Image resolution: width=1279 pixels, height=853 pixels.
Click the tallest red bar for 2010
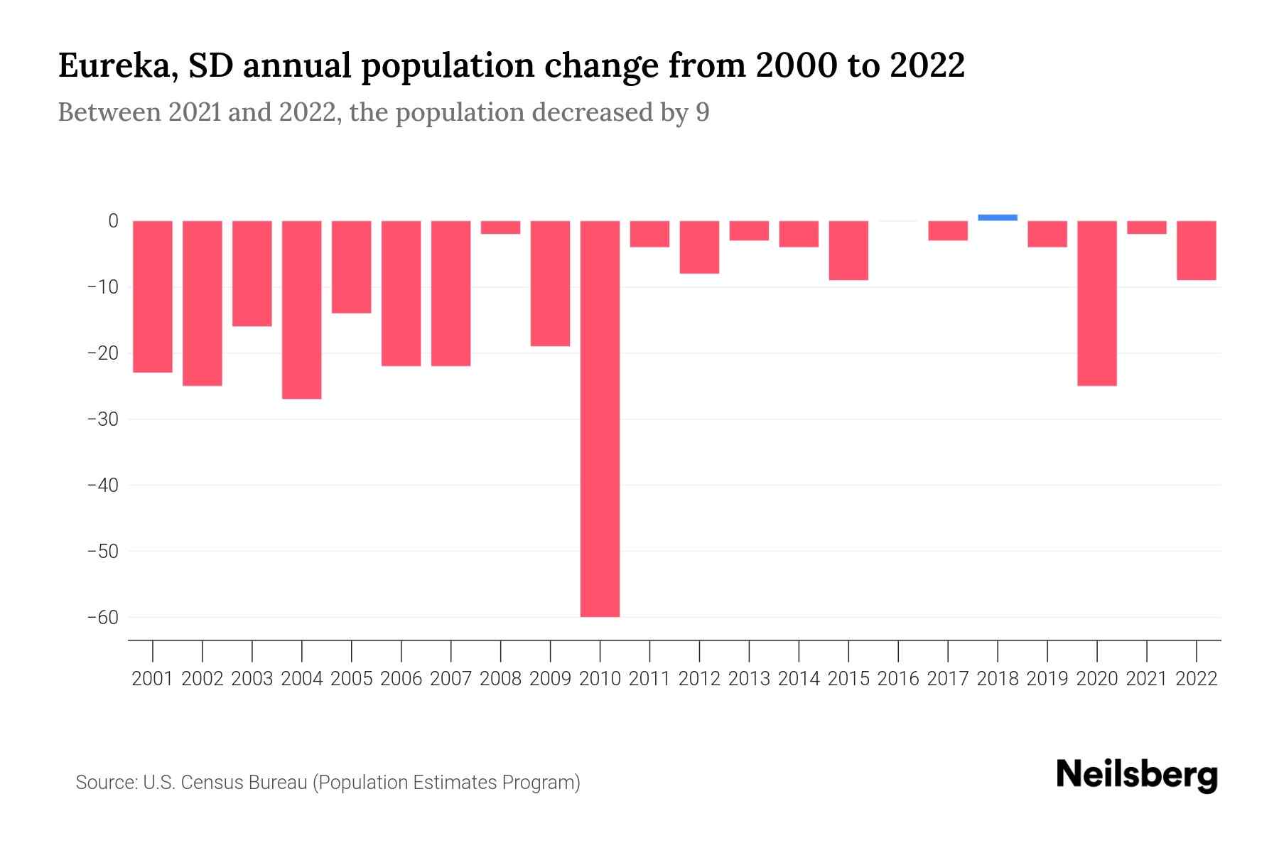600,418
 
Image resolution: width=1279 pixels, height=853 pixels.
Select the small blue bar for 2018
998,218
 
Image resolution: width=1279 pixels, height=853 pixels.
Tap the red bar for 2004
302,309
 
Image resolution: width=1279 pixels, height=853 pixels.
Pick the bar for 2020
1097,303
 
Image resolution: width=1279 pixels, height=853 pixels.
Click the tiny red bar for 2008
500,227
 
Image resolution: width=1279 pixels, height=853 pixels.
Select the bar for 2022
1197,250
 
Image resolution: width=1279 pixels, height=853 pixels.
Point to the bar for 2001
153,296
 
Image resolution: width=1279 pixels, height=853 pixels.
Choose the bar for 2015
848,250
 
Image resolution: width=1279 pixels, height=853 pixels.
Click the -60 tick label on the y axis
103,617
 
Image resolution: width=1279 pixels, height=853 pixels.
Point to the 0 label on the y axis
113,221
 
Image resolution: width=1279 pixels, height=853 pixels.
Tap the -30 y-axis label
103,419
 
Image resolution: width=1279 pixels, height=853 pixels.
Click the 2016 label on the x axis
898,679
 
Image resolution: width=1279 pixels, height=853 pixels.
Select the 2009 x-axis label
550,679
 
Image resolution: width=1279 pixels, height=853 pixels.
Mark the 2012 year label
699,679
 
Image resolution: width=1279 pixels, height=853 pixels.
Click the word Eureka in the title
113,66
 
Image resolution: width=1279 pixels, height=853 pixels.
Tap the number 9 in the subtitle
702,113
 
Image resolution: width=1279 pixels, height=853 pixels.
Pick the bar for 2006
401,293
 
